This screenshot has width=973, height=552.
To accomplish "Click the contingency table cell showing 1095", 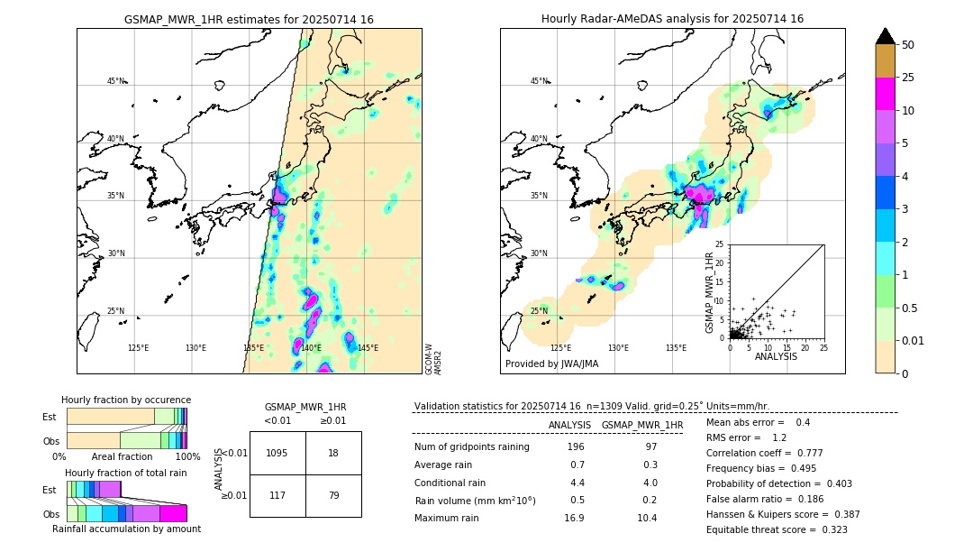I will [277, 453].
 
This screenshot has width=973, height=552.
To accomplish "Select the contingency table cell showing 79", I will [332, 495].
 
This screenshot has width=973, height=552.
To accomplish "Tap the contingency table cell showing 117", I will [277, 495].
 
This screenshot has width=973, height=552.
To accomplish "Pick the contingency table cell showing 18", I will [332, 453].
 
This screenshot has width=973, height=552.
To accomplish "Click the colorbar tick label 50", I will [908, 45].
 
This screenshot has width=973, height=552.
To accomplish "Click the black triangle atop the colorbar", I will [886, 36].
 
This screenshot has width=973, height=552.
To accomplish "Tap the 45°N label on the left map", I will [116, 81].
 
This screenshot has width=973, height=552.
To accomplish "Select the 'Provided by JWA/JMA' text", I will [551, 364].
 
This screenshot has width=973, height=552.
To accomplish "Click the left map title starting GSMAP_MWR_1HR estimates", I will [249, 19].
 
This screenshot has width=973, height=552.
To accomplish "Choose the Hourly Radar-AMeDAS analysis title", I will [672, 19].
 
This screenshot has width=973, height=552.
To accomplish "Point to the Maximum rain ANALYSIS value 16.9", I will [574, 518].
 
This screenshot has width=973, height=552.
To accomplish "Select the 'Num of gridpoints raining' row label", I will [471, 447].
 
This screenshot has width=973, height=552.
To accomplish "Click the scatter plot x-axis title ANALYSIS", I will [776, 357].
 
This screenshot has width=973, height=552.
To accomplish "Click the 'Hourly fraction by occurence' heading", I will [126, 400].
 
